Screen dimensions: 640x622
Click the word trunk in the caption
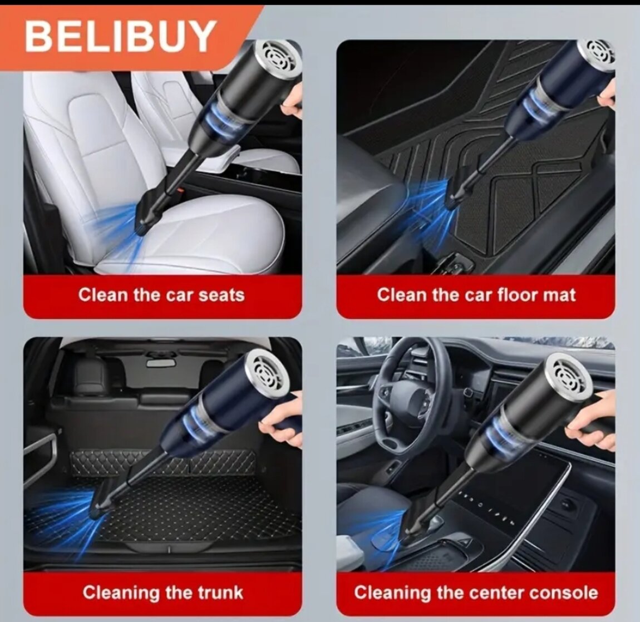(x=220, y=593)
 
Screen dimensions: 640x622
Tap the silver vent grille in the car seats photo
(x=281, y=57)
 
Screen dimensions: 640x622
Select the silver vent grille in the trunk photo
(x=270, y=372)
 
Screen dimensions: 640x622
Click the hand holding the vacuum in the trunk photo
(x=281, y=421)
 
